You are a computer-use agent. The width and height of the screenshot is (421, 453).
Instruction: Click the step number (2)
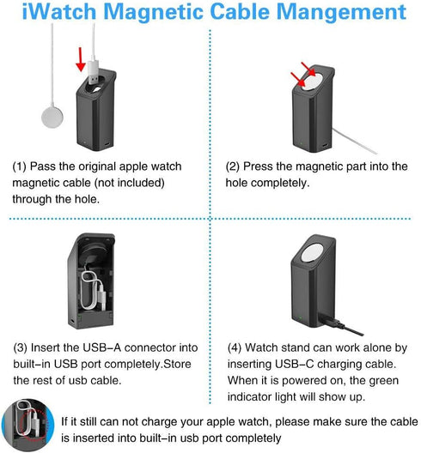pyautogui.click(x=235, y=166)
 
